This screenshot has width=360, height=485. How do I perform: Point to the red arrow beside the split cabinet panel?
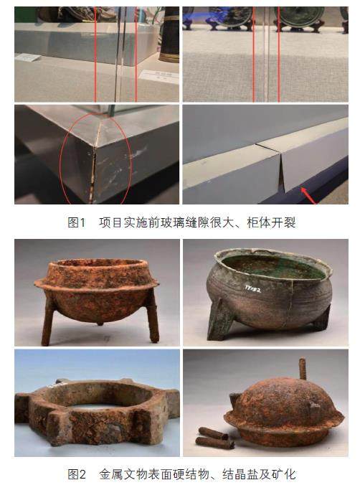308,195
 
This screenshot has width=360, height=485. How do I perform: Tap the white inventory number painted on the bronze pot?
252,289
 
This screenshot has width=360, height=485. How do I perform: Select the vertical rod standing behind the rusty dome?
302,369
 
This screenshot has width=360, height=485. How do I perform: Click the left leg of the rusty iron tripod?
47,321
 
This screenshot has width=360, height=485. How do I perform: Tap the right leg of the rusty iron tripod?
152,319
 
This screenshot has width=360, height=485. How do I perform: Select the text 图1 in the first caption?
76,222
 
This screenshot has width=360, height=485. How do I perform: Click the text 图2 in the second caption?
77,474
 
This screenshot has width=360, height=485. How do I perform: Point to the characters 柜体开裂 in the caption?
271,222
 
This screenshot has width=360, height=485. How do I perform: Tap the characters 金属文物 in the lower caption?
123,474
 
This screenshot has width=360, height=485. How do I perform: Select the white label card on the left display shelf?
28,57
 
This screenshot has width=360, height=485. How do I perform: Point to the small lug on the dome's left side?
235,400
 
